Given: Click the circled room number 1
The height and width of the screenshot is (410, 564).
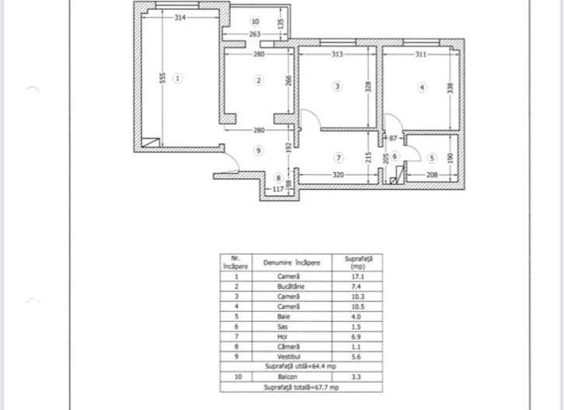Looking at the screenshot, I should (x=178, y=78).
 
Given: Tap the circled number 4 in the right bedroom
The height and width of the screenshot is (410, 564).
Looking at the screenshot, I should (x=422, y=88).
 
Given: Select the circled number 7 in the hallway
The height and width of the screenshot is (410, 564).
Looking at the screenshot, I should (x=338, y=156).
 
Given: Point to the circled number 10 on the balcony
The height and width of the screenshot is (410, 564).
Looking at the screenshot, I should (x=255, y=22).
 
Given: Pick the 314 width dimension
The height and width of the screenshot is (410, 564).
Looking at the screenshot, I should (x=180, y=16).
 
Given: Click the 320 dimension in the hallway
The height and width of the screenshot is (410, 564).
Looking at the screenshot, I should (x=338, y=175).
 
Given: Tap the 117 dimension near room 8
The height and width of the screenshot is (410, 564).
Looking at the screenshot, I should (x=278, y=188).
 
